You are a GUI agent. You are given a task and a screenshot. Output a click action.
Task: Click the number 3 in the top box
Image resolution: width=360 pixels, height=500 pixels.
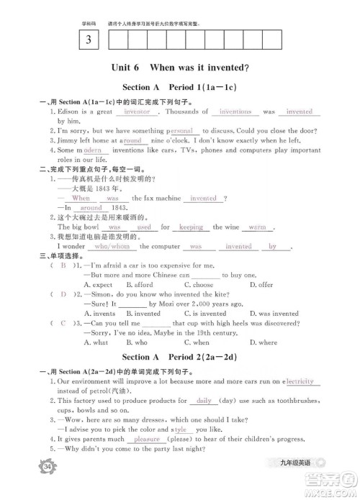89,40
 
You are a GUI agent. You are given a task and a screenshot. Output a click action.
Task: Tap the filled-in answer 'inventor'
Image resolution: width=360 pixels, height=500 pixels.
137,112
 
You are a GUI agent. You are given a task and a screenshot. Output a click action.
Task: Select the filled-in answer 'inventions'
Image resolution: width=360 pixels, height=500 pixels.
235,112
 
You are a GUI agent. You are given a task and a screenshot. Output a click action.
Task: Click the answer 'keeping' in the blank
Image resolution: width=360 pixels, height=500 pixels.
192,227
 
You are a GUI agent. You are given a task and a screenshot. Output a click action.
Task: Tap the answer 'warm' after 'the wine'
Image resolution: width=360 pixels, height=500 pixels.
256,227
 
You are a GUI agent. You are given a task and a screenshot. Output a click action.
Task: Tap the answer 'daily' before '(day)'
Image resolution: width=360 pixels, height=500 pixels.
204,400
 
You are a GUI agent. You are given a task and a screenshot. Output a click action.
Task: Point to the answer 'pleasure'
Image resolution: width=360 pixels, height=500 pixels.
147,439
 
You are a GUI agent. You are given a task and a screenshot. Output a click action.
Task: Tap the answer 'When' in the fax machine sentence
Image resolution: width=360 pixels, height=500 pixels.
81,198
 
